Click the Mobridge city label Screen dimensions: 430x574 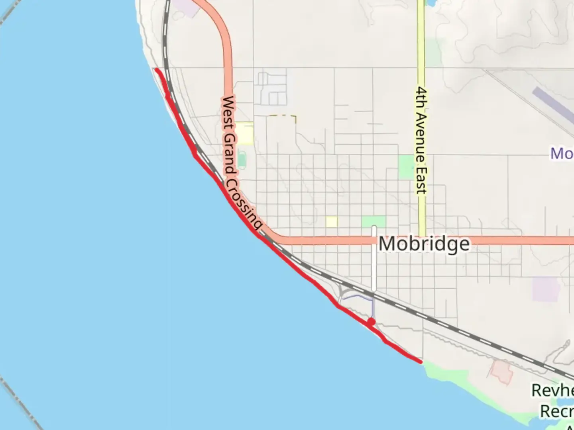[424, 244]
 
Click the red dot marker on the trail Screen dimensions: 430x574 [371, 321]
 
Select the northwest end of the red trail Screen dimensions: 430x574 [157, 70]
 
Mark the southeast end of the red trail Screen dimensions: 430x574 [421, 362]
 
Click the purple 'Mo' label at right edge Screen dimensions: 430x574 [562, 153]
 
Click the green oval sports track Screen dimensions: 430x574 [242, 160]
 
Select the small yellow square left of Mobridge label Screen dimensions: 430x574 [331, 221]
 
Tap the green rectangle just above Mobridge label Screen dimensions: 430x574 [373, 221]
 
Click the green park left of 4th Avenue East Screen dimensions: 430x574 [406, 166]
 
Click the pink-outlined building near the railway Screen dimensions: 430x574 [501, 372]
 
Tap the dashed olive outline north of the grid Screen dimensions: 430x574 [282, 116]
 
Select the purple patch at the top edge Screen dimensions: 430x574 [186, 7]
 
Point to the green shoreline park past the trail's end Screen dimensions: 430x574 [446, 374]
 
